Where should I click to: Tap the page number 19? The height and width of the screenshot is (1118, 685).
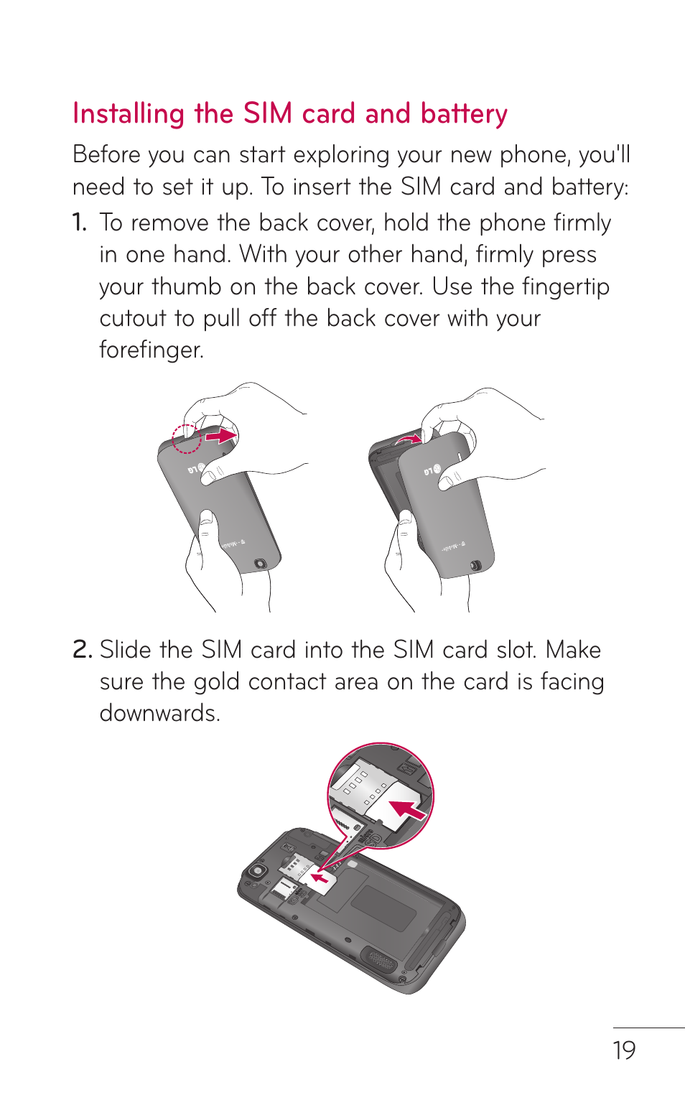(624, 1051)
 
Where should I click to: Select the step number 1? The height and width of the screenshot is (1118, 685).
(79, 223)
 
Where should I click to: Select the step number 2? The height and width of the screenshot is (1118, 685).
(82, 650)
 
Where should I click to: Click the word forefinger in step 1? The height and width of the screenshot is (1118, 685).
(151, 350)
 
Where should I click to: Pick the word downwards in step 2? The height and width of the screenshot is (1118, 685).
(159, 714)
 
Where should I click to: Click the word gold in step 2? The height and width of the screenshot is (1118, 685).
(216, 681)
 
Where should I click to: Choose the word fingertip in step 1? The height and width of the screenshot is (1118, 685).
(565, 287)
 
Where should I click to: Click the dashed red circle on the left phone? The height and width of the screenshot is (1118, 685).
(186, 439)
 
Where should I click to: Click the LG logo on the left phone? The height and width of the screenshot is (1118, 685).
(196, 469)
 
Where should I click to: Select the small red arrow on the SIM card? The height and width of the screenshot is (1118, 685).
(320, 877)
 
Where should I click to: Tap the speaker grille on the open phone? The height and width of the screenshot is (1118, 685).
(380, 959)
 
